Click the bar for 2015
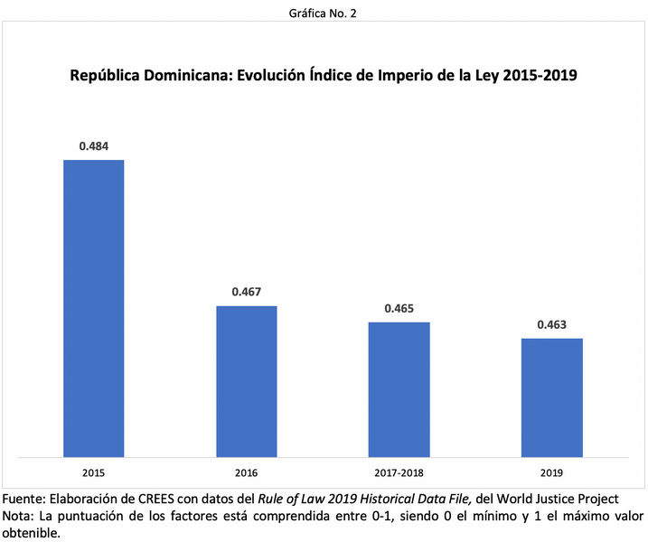[x=93, y=307]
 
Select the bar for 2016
[x=246, y=380]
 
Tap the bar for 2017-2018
[x=399, y=388]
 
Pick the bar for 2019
[x=551, y=397]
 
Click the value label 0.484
[x=94, y=145]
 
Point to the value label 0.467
[x=246, y=292]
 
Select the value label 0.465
[x=399, y=308]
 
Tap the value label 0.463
[x=551, y=324]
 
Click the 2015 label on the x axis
[x=93, y=472]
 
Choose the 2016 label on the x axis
[x=246, y=472]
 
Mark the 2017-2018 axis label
[x=399, y=472]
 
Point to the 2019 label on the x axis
[x=551, y=472]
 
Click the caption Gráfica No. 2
[x=324, y=13]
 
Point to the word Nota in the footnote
[x=20, y=517]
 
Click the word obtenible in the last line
[x=31, y=533]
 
